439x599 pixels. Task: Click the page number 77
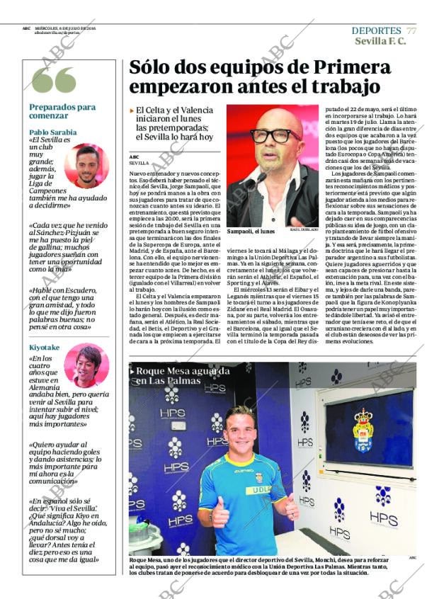click(x=411, y=30)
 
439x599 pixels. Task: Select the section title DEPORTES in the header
click(x=376, y=30)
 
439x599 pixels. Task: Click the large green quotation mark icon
click(x=54, y=81)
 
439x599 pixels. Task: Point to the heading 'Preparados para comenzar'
click(x=62, y=111)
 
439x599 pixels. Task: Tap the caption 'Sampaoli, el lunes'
click(x=251, y=232)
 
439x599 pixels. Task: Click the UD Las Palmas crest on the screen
click(x=363, y=430)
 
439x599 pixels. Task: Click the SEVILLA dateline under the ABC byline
click(x=139, y=163)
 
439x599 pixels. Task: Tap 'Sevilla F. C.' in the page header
click(x=380, y=41)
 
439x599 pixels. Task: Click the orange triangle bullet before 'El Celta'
click(x=132, y=110)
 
